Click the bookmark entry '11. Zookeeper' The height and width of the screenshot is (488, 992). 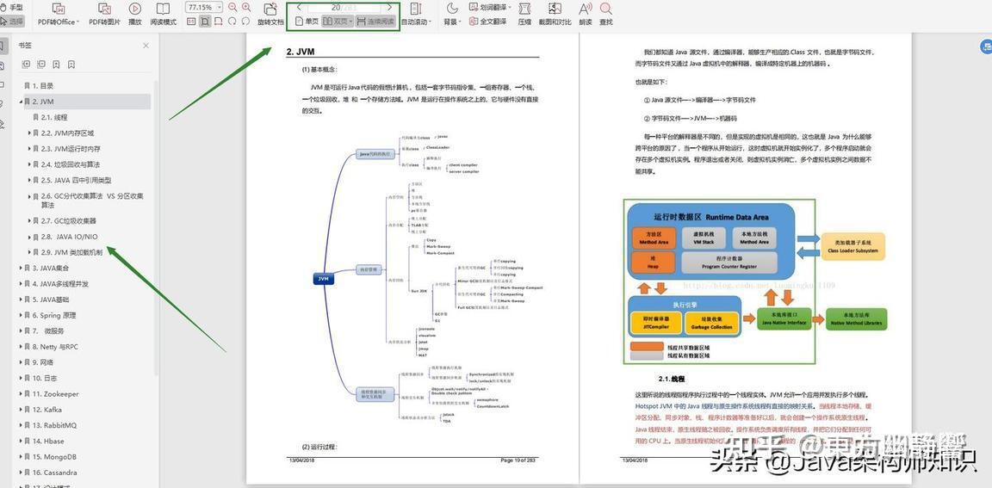(x=56, y=394)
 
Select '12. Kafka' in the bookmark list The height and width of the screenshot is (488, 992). (x=47, y=410)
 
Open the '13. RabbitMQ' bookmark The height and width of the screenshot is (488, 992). (x=54, y=425)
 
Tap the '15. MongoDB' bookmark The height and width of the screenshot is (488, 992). (x=54, y=457)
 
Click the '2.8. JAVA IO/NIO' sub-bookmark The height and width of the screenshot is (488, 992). (x=69, y=237)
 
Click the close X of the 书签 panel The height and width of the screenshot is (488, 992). (x=146, y=46)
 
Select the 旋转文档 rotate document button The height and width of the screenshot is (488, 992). (x=270, y=14)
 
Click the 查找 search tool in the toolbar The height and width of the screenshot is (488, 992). (x=606, y=14)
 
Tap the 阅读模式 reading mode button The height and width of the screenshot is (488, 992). (x=164, y=14)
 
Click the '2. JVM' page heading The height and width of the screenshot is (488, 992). (x=301, y=52)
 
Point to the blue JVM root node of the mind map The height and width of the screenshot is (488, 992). (x=323, y=279)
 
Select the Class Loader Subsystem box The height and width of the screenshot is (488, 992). (x=852, y=246)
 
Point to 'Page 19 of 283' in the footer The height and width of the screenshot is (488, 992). (x=518, y=460)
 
